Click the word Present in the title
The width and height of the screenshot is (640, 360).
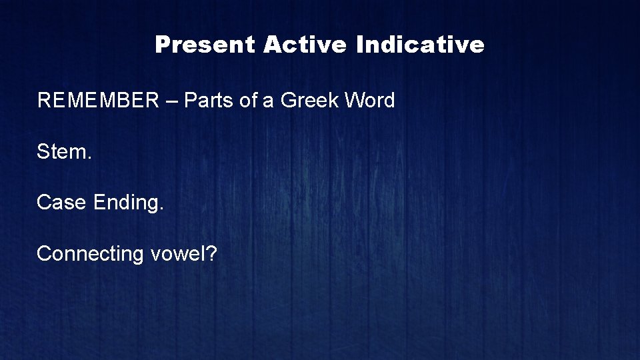205,45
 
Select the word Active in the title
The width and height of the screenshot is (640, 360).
306,45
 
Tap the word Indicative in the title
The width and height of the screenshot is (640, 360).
420,45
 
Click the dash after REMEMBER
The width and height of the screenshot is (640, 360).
171,101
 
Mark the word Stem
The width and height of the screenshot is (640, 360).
62,151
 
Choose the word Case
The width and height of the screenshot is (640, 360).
62,202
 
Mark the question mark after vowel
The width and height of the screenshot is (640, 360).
211,253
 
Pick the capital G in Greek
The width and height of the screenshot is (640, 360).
288,101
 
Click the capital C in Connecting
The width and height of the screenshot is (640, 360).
44,253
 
